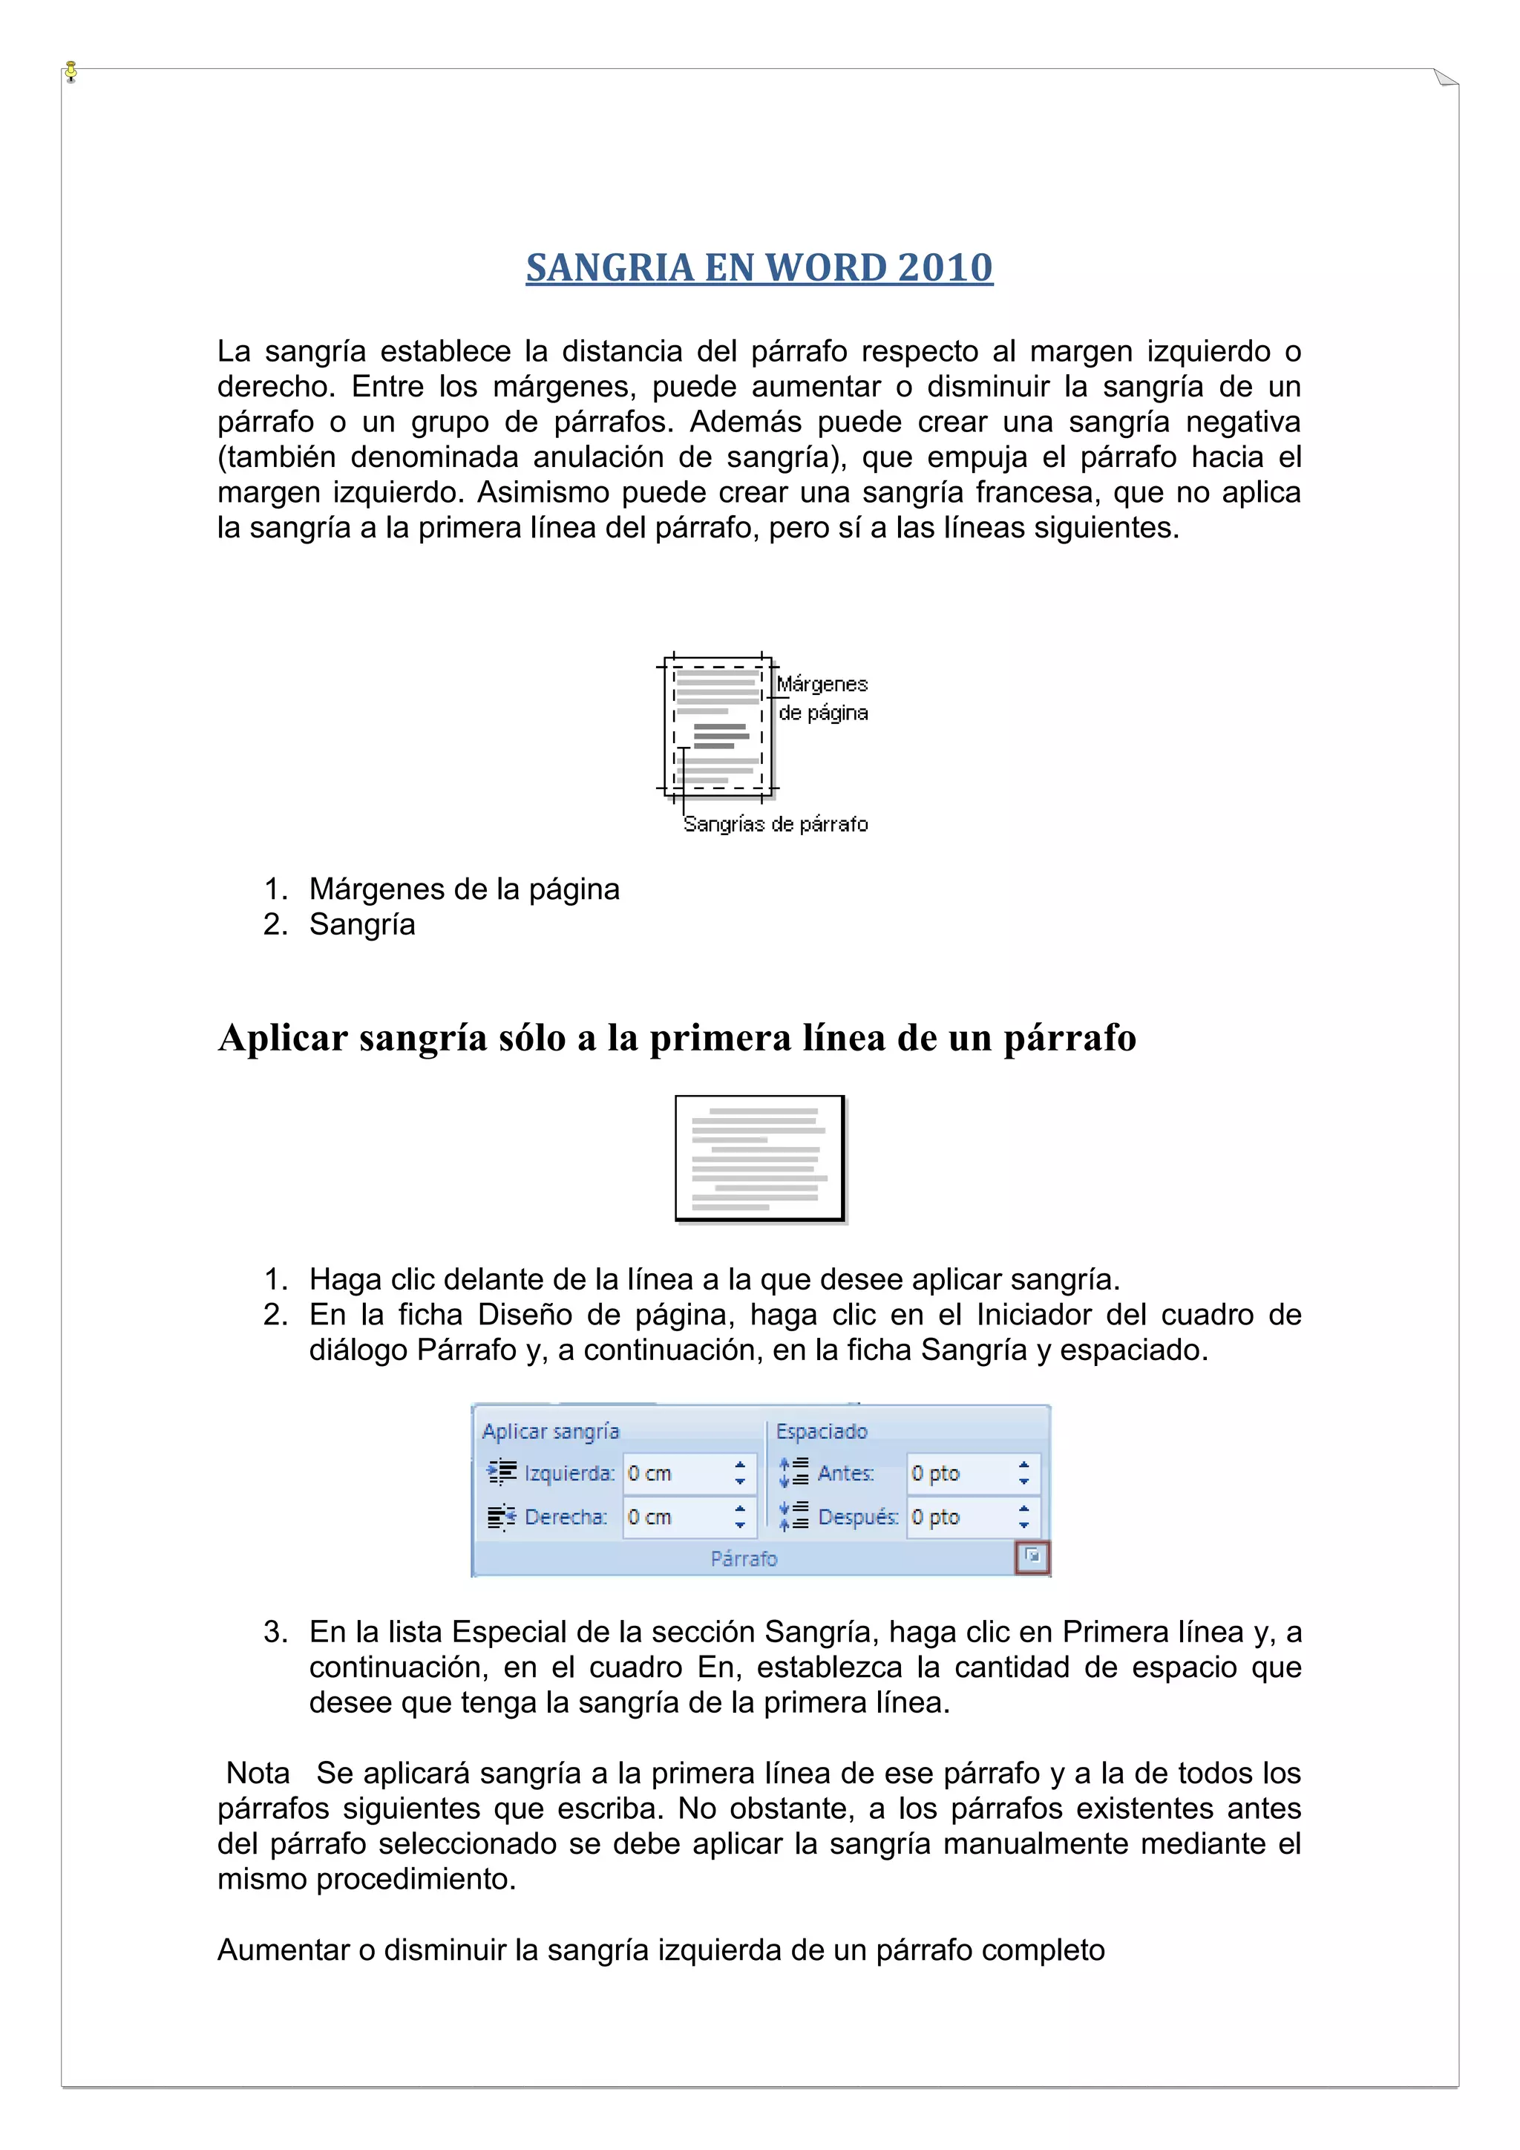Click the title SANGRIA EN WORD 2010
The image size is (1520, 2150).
coord(759,268)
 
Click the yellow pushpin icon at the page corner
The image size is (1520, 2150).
coord(71,71)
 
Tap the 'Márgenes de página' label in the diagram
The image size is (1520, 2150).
coord(822,699)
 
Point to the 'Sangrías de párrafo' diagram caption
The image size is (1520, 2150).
coord(775,824)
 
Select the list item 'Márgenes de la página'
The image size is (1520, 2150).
coord(464,889)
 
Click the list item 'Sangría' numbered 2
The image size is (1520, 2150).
coord(362,924)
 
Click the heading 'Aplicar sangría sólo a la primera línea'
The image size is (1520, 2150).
coord(677,1038)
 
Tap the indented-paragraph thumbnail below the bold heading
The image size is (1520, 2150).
coord(759,1158)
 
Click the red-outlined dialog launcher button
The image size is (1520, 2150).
coord(1032,1558)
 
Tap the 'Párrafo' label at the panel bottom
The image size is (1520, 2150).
coord(744,1558)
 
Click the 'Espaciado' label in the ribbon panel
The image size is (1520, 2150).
coord(821,1431)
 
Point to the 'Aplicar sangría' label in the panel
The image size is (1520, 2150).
coord(551,1431)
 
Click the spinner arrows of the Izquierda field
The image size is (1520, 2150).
coord(739,1473)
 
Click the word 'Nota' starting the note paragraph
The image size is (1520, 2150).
coord(258,1773)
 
